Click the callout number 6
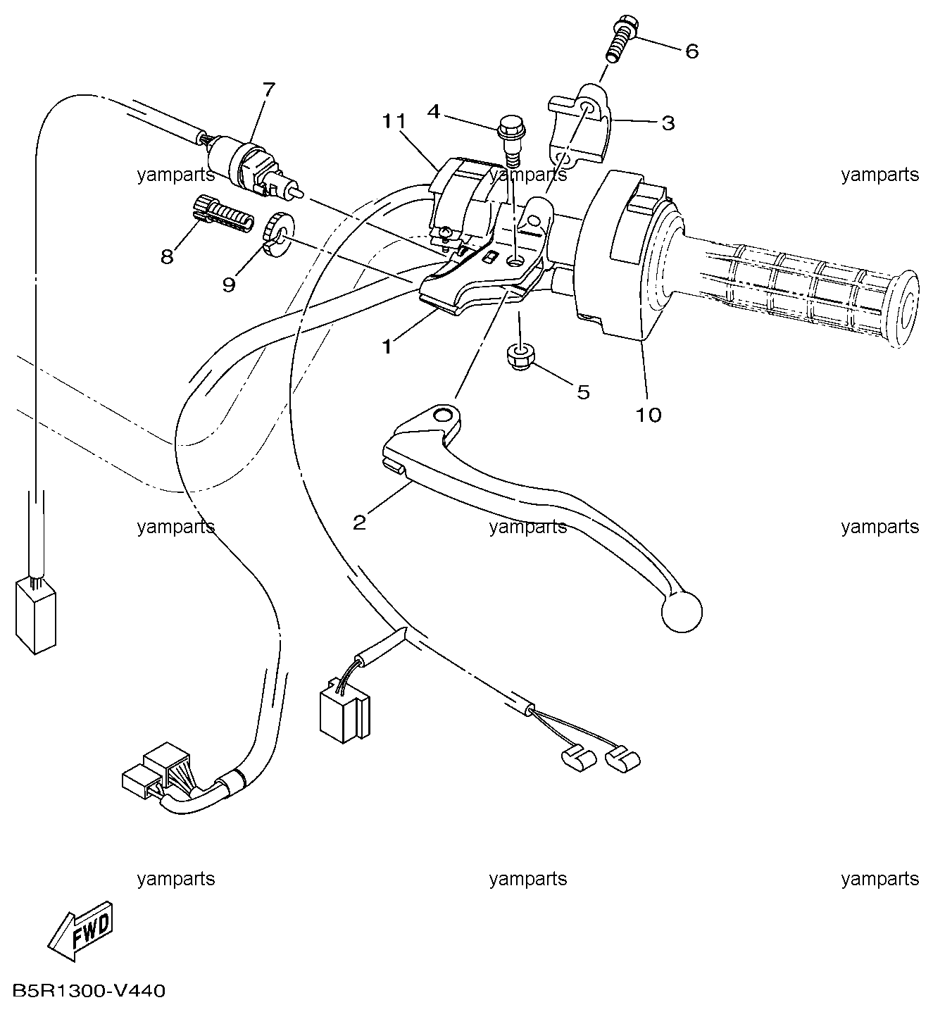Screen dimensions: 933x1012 point(691,51)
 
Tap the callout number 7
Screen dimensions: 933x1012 point(268,89)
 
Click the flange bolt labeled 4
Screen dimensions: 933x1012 point(512,142)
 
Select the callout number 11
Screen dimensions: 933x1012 point(394,121)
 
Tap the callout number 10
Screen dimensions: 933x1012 point(649,415)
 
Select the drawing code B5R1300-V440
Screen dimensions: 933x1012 point(89,990)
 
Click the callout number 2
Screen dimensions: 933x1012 point(359,523)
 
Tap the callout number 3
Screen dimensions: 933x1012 point(668,123)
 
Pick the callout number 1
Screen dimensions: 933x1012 point(387,347)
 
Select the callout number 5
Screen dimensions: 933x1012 point(583,392)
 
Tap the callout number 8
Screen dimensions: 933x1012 point(167,256)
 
